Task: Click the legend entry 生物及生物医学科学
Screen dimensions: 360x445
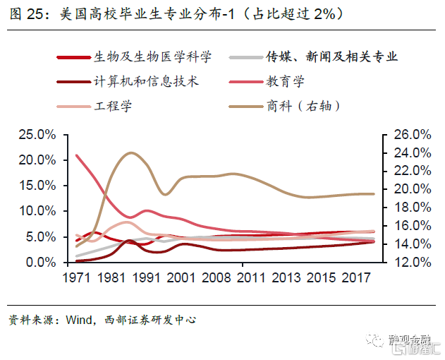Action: [152, 57]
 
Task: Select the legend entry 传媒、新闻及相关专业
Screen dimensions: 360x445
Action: [331, 57]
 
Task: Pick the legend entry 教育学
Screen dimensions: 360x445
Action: [286, 81]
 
